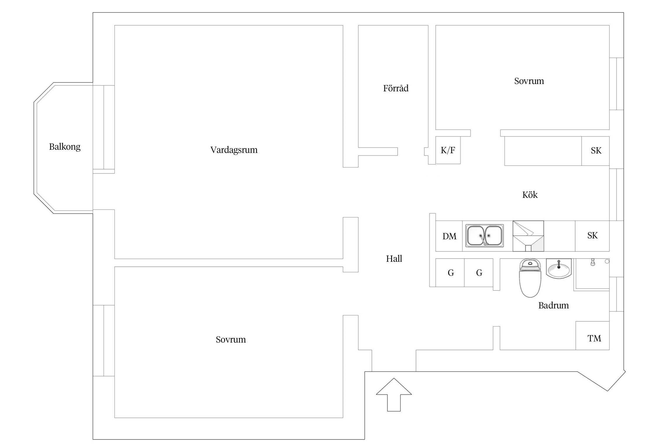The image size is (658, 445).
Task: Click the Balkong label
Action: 65,146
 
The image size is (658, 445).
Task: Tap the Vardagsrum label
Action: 234,150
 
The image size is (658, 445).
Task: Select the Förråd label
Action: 396,88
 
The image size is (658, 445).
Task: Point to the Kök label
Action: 530,195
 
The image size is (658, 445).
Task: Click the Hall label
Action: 394,259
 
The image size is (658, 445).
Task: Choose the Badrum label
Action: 553,305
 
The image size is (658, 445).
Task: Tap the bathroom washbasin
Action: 559,268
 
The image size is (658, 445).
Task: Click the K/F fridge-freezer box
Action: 448,150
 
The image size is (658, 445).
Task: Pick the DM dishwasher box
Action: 449,236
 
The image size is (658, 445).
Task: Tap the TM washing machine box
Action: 594,338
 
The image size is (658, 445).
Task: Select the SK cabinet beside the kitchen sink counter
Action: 592,235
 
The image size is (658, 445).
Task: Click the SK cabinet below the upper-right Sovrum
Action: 596,151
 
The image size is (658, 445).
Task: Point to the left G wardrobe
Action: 450,273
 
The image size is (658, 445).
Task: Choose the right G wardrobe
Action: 479,273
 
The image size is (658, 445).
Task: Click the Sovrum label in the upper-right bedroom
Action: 529,81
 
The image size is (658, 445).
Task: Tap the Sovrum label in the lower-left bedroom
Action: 231,339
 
